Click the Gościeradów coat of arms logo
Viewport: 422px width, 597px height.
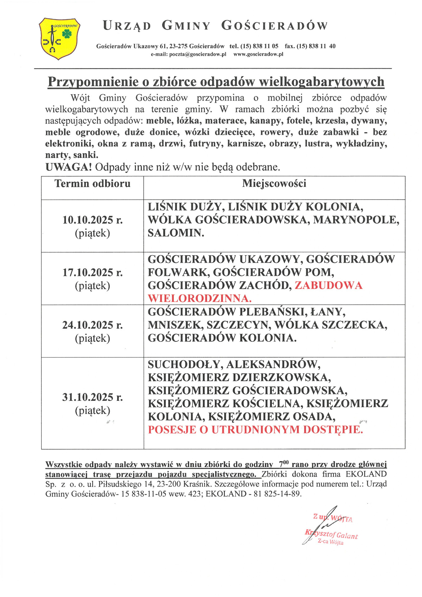coord(59,39)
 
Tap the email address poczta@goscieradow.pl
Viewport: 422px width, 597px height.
coord(188,54)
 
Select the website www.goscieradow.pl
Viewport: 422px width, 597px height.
coord(258,54)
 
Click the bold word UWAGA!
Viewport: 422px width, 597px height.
coord(68,167)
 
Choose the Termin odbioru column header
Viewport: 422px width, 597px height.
coord(92,183)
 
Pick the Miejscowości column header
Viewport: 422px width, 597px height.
coord(274,183)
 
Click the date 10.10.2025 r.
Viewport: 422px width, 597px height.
coord(92,220)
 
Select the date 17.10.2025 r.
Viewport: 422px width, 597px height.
coord(92,272)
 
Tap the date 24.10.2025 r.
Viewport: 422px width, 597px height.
coord(92,325)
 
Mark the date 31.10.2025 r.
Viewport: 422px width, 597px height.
coord(92,397)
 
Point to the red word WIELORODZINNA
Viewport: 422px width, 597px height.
coord(199,298)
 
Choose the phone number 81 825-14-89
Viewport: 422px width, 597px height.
coord(277,494)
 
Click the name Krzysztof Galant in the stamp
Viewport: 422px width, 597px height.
coord(332,534)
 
